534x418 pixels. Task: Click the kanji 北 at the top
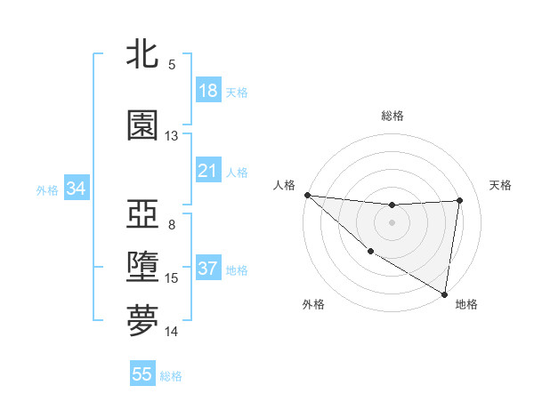(142, 54)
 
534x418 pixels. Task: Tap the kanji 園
(142, 125)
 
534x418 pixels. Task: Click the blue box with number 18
(208, 91)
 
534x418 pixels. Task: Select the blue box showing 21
(208, 171)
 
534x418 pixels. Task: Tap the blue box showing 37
(208, 269)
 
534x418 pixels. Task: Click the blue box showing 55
(142, 374)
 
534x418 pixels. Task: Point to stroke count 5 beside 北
(172, 65)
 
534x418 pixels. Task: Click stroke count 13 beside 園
(172, 136)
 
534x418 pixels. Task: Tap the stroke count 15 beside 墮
(172, 278)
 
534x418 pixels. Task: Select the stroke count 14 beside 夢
(172, 332)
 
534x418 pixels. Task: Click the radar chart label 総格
(392, 116)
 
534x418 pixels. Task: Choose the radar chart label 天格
(501, 185)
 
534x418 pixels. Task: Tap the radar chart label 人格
(284, 185)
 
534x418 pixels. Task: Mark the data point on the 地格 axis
(445, 293)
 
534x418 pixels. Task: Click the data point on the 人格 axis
(307, 195)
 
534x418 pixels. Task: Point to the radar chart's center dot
(392, 222)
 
